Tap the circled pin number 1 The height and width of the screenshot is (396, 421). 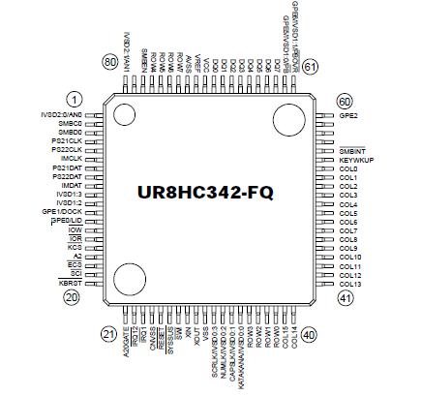[x=74, y=100]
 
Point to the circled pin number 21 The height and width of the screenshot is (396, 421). [x=108, y=334]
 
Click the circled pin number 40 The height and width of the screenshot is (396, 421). [x=309, y=334]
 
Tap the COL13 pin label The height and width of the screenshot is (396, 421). [x=350, y=284]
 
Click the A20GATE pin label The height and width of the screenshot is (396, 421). [x=126, y=342]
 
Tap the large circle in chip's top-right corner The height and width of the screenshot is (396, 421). [x=287, y=121]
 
